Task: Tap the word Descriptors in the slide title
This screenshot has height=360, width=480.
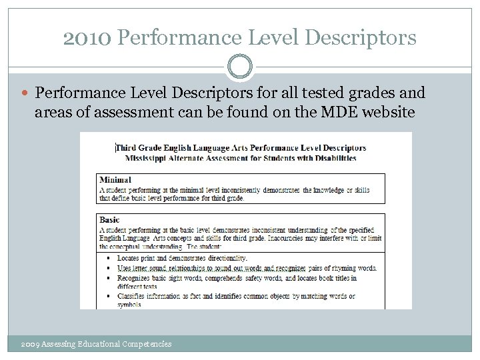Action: point(359,37)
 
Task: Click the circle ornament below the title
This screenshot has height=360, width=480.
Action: point(240,67)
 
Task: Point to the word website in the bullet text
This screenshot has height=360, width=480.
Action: point(385,111)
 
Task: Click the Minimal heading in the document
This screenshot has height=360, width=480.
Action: point(115,179)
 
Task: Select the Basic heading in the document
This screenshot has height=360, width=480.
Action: point(110,219)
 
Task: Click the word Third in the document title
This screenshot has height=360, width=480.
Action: point(129,148)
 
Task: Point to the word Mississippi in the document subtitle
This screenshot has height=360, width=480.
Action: point(143,158)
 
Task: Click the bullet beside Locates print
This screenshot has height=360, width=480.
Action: point(108,258)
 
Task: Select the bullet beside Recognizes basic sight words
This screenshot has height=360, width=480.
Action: point(108,278)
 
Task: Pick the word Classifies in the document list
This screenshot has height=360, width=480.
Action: point(134,296)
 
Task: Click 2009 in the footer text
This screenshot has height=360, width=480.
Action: point(30,344)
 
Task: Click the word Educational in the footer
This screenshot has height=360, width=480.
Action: point(99,344)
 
